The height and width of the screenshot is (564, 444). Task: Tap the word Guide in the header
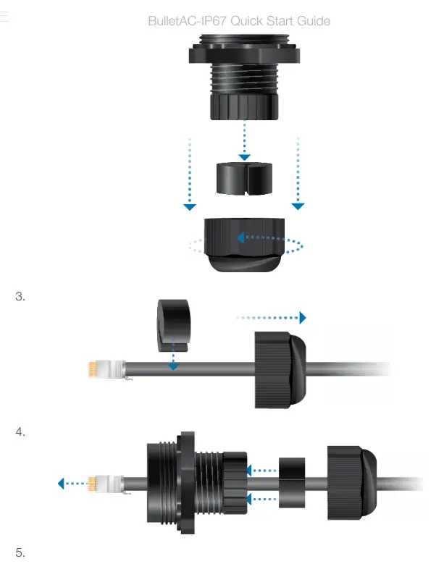pos(314,21)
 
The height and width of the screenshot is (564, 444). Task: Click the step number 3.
pos(20,296)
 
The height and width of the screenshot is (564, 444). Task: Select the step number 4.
pos(20,432)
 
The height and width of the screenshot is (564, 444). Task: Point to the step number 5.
pos(20,553)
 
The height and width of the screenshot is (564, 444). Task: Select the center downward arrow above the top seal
pos(245,156)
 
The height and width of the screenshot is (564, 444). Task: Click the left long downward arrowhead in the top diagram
pos(189,206)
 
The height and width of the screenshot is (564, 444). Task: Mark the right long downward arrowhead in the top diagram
pos(298,206)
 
